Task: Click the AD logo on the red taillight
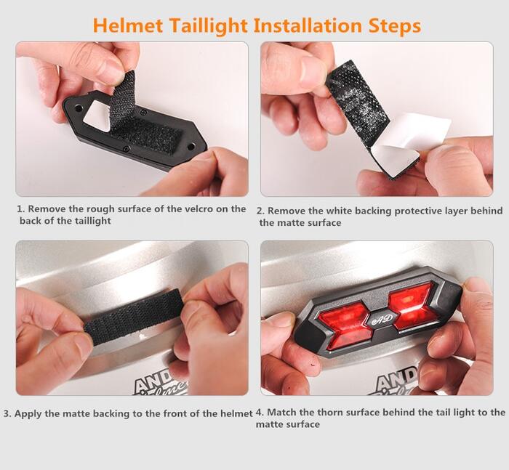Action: tap(382, 319)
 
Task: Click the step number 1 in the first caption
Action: tap(20, 209)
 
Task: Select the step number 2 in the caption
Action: tap(260, 211)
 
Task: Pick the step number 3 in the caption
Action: tap(7, 414)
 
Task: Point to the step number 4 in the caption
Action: tap(260, 413)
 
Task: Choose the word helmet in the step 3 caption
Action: tap(236, 413)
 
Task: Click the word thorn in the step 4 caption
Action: tap(332, 413)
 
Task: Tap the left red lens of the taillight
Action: tap(345, 325)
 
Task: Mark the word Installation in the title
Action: tap(308, 25)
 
